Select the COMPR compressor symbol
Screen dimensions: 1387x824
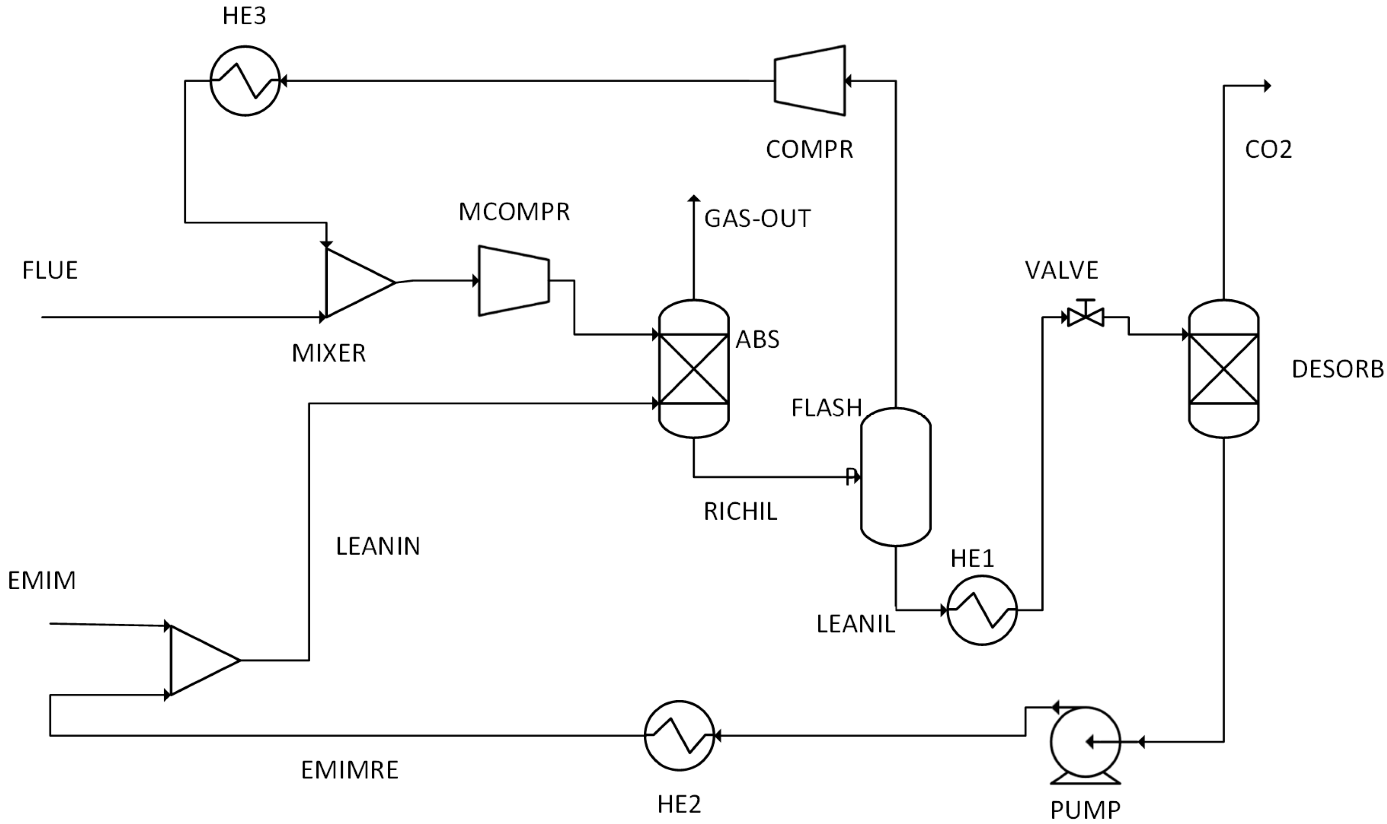pyautogui.click(x=810, y=81)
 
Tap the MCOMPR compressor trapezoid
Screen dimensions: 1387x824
pyautogui.click(x=514, y=281)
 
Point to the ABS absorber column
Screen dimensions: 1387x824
pyautogui.click(x=694, y=369)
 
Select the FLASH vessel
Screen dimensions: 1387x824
pyautogui.click(x=896, y=477)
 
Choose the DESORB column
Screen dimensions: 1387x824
pyautogui.click(x=1224, y=369)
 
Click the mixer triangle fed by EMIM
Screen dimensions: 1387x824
pyautogui.click(x=205, y=660)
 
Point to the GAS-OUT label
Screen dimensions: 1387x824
pyautogui.click(x=757, y=218)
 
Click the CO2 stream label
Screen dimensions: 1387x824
pyautogui.click(x=1269, y=149)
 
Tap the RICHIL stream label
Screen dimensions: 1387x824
pyautogui.click(x=740, y=511)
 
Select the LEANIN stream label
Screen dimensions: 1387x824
pyautogui.click(x=378, y=547)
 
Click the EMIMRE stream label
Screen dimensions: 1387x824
pyautogui.click(x=350, y=770)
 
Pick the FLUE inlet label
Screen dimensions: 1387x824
pyautogui.click(x=50, y=270)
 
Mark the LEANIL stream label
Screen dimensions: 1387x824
pyautogui.click(x=856, y=624)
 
